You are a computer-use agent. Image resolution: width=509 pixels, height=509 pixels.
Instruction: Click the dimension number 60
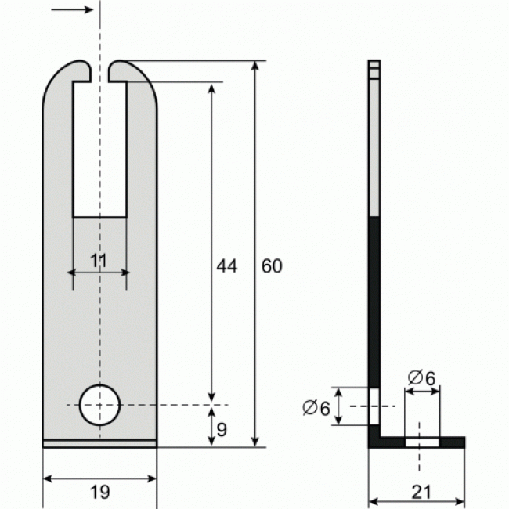(271, 266)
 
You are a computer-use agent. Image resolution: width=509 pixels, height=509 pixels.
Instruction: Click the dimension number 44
(226, 266)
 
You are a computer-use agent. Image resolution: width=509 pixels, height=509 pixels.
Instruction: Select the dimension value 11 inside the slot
(99, 262)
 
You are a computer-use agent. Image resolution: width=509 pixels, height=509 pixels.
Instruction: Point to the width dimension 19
(99, 492)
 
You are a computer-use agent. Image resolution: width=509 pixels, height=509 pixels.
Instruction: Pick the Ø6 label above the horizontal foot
(421, 377)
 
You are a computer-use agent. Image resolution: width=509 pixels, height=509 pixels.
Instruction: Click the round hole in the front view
(99, 405)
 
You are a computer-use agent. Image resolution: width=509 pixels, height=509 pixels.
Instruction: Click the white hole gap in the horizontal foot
(421, 442)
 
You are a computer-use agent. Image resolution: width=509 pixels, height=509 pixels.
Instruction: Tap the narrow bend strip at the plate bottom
(99, 443)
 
